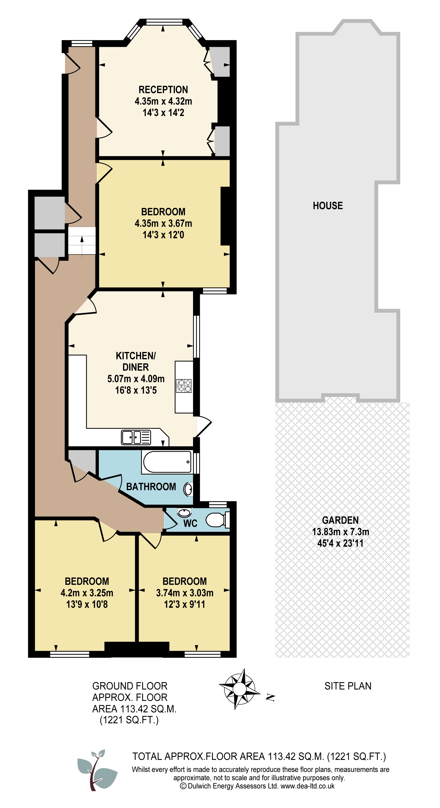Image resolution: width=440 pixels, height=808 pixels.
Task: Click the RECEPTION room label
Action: pos(163,90)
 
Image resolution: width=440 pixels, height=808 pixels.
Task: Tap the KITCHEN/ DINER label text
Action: pos(135,361)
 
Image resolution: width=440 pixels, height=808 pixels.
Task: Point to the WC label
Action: pos(190,523)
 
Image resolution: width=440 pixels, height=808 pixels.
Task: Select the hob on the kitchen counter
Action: pos(184,386)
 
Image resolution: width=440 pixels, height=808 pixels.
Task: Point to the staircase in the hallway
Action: pos(82,241)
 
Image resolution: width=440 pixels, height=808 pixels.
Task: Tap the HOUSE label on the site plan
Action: pos(328,206)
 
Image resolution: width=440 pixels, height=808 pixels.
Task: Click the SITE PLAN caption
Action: pos(348,686)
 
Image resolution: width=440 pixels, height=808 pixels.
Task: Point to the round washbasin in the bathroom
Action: pos(188,489)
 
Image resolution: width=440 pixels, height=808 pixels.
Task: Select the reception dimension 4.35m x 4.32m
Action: pos(163,101)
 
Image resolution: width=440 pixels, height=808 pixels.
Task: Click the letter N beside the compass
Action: pos(270,697)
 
